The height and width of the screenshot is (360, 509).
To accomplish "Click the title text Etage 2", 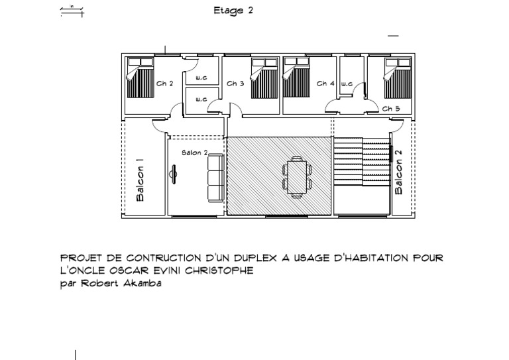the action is (233, 11).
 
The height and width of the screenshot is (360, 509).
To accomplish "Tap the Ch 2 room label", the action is (165, 84).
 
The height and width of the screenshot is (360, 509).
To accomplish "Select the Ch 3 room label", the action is (235, 84).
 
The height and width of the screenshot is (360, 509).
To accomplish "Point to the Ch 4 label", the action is (325, 84).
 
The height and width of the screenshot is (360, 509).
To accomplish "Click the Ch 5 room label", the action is (391, 109).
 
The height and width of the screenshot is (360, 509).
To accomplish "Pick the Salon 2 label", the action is (195, 152).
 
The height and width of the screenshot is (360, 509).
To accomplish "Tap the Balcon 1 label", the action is (140, 180).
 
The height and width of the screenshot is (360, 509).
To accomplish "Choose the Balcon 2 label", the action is (398, 172).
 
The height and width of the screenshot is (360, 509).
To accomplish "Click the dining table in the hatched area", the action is (297, 177).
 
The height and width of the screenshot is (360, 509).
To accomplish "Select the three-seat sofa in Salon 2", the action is (216, 178).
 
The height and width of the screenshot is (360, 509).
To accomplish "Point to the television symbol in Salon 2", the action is (174, 174).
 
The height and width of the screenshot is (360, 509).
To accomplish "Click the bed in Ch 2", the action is (140, 78).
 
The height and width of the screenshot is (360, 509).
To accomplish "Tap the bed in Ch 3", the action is (264, 78).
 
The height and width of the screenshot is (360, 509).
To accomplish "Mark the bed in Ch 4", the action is (296, 78).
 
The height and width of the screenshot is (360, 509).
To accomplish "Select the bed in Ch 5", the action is (398, 78).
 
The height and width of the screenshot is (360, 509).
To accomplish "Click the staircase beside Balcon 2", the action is (363, 161).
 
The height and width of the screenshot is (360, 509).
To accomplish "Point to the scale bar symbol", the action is (72, 12).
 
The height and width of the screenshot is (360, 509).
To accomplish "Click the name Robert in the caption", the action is (100, 283).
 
